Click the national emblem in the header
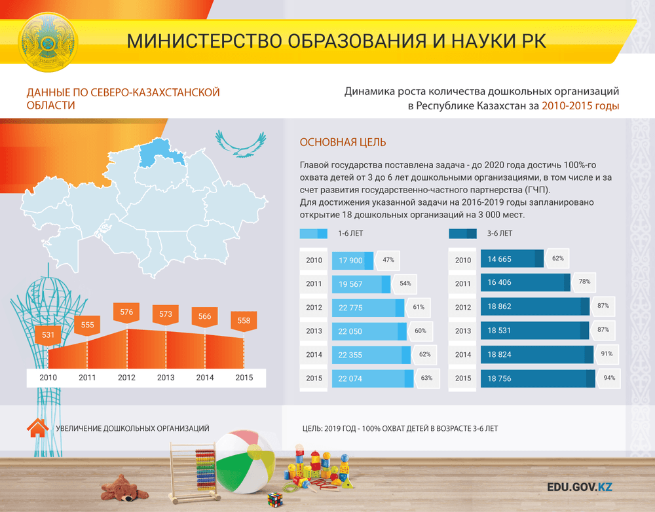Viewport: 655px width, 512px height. (x=48, y=42)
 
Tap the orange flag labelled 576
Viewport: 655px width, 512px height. (x=126, y=313)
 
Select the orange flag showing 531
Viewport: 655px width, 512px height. (x=48, y=335)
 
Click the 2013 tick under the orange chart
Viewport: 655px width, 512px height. (x=166, y=378)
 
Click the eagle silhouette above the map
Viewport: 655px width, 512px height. (x=240, y=144)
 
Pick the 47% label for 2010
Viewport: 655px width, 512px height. (x=388, y=260)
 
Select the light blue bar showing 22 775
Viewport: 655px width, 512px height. (x=368, y=308)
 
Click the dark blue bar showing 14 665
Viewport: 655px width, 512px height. (x=512, y=259)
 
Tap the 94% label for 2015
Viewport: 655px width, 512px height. (x=609, y=378)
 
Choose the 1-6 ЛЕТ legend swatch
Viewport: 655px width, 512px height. (x=313, y=234)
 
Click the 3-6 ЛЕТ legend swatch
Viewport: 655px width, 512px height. (x=463, y=234)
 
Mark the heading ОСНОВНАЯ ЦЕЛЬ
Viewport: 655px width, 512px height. (x=343, y=143)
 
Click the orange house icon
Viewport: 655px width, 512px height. (x=37, y=428)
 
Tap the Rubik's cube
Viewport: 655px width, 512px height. (x=275, y=499)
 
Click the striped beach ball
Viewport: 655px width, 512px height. (x=245, y=462)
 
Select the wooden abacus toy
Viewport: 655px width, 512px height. (x=195, y=472)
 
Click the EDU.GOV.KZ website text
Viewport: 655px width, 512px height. (x=580, y=487)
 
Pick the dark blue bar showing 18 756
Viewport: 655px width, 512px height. (x=538, y=378)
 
